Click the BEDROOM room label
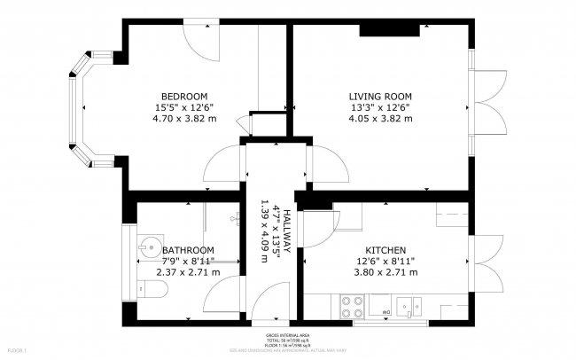point(183,96)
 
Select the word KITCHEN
point(385,250)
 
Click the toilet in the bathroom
point(147,289)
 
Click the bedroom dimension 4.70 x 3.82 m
point(183,118)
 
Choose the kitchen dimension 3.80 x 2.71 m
point(385,272)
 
